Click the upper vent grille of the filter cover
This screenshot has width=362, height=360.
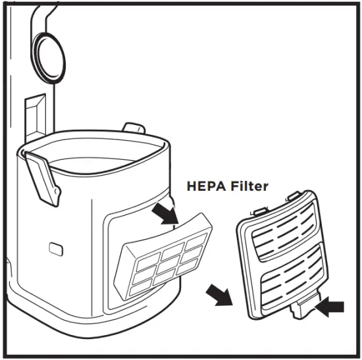(x=277, y=227)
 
